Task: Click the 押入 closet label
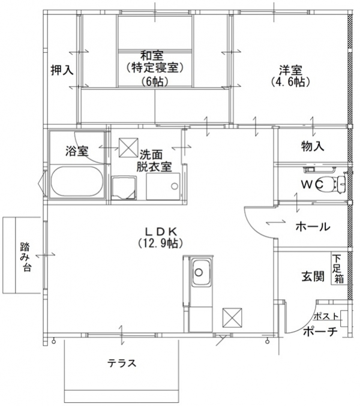click(x=61, y=70)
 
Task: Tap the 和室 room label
click(x=154, y=55)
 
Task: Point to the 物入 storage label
click(x=312, y=146)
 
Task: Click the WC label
click(x=313, y=184)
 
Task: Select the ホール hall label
click(x=312, y=227)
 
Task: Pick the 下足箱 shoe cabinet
click(x=339, y=269)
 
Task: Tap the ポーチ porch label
click(x=319, y=332)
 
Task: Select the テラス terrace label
click(x=122, y=363)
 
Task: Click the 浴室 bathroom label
click(x=77, y=151)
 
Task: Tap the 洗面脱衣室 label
click(x=155, y=160)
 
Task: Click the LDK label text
click(x=158, y=231)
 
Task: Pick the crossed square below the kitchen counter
click(x=232, y=316)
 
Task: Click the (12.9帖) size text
click(x=158, y=243)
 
